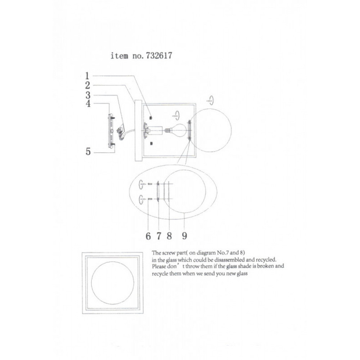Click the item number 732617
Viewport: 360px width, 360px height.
click(x=159, y=55)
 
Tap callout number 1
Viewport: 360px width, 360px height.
click(x=87, y=76)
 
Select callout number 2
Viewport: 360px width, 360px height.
click(x=87, y=85)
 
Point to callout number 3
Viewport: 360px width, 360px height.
click(x=88, y=95)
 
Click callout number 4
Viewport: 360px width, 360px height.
click(x=88, y=104)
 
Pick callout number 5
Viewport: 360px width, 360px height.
click(x=88, y=152)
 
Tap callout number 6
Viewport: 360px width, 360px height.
click(x=148, y=236)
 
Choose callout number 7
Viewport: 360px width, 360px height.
click(x=159, y=236)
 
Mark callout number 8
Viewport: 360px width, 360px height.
click(x=169, y=236)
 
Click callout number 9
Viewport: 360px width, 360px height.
click(x=184, y=236)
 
